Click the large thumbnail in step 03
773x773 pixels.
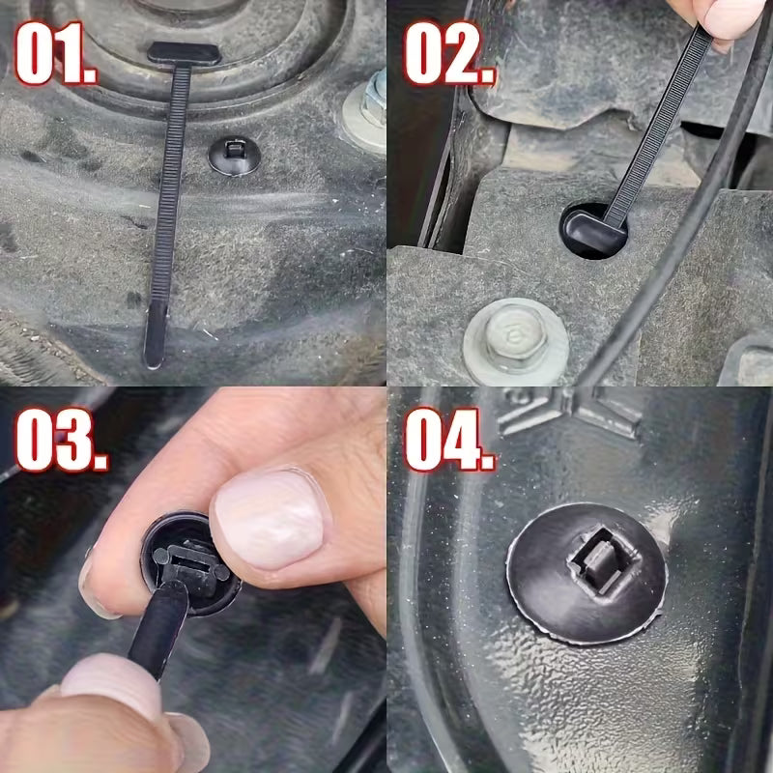coord(270,518)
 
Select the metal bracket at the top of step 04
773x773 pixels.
coord(570,411)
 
